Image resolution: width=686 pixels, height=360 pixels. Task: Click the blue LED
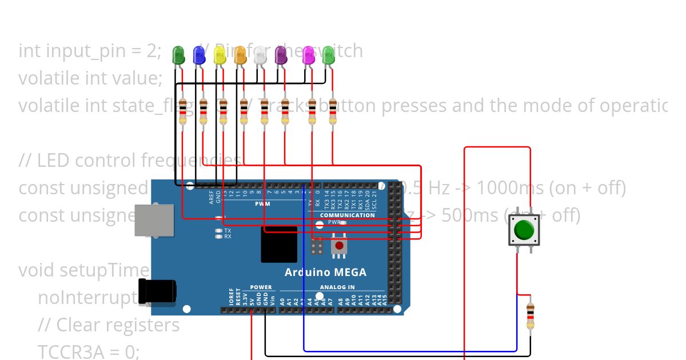coord(199,55)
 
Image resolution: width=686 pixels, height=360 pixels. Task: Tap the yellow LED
coord(220,55)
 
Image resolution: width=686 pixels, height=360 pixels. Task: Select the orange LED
coord(240,55)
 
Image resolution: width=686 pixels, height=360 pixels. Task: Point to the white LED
coord(260,55)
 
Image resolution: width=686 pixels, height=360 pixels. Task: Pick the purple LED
coord(281,55)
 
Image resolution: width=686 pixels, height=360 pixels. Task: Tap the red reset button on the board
coord(339,246)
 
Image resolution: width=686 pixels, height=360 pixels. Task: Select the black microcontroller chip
coord(279,244)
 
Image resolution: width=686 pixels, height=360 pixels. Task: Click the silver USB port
coord(154,221)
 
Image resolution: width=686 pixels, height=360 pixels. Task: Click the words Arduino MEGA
coord(325,272)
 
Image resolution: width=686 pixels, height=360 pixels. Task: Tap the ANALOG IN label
coord(337,287)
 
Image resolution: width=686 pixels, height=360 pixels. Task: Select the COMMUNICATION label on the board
coord(348,215)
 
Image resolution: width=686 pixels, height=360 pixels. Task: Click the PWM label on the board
coord(262,204)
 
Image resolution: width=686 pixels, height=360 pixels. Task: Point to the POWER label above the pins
coord(261,287)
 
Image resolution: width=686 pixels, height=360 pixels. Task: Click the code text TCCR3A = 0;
coord(89,351)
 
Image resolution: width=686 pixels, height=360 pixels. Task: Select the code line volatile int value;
coord(90,78)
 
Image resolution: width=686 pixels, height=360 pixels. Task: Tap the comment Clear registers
coord(109,325)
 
